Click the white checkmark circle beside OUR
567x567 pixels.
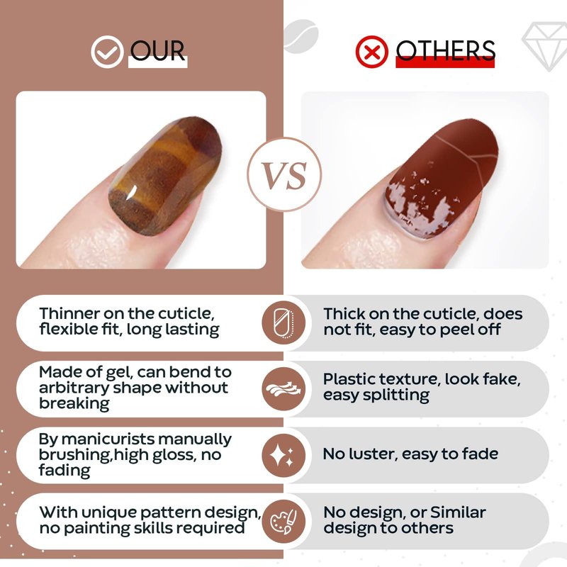(x=107, y=52)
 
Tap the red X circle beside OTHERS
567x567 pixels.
(x=371, y=52)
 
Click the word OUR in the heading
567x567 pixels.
(x=157, y=50)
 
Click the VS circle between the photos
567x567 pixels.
(x=285, y=174)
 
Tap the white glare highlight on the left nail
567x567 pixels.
(x=131, y=192)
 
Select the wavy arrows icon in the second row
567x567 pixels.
(x=283, y=389)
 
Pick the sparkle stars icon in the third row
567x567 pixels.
(x=283, y=455)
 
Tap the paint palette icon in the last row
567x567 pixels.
(x=283, y=522)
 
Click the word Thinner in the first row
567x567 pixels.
(x=69, y=313)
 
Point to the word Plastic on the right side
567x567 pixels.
(x=349, y=379)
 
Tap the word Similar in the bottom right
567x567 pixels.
(x=458, y=512)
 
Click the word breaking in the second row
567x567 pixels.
(x=74, y=404)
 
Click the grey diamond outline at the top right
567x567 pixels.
(x=544, y=46)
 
